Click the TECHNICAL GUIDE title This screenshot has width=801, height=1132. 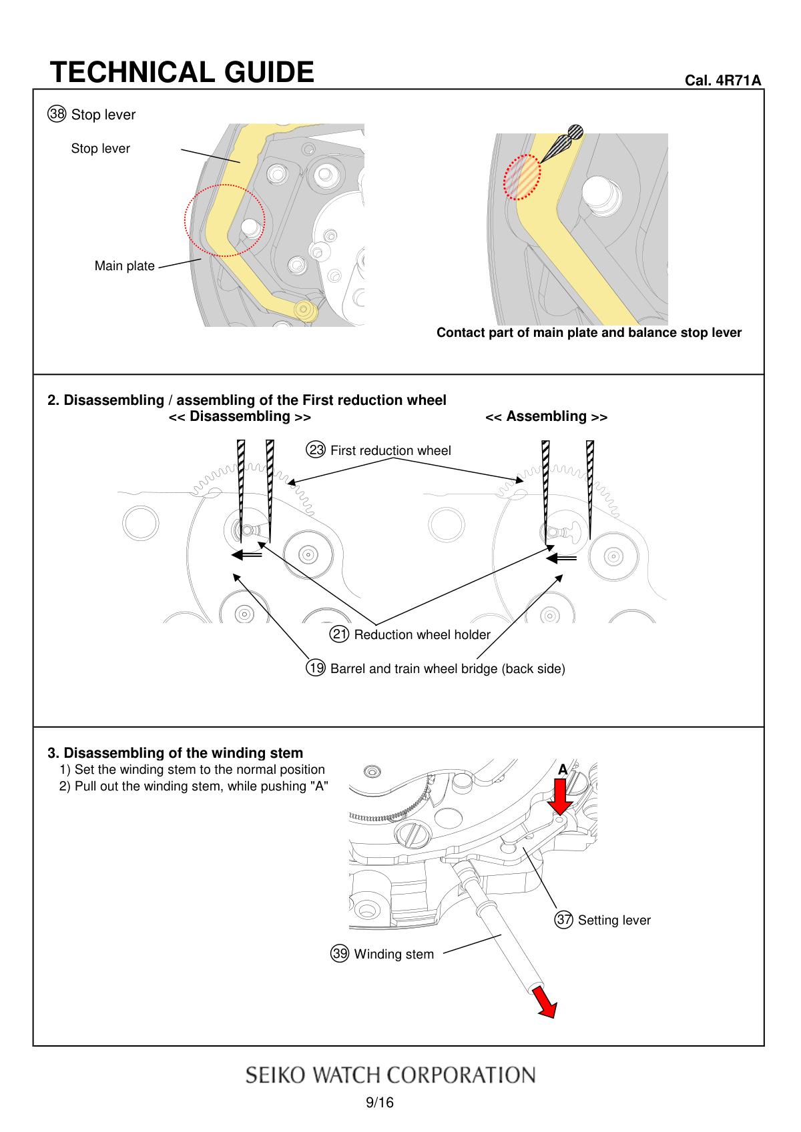(182, 72)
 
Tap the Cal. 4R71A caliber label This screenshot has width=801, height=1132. (723, 80)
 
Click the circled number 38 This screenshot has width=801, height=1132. (57, 114)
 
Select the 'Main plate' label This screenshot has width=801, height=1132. (124, 266)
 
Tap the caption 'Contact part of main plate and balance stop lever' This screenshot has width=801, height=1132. (589, 332)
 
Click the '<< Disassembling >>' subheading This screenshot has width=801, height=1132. (239, 416)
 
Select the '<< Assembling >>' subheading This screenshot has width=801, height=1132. (546, 416)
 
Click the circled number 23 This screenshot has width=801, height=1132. (316, 450)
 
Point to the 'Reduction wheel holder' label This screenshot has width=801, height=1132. (422, 634)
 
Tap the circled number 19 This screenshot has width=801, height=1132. (316, 668)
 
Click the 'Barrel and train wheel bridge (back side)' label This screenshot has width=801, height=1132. (447, 668)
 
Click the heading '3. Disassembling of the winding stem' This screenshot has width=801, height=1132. (175, 753)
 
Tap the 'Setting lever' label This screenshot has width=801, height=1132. (613, 921)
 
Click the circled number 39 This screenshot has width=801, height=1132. (340, 954)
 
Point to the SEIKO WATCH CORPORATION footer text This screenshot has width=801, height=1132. (390, 1075)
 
